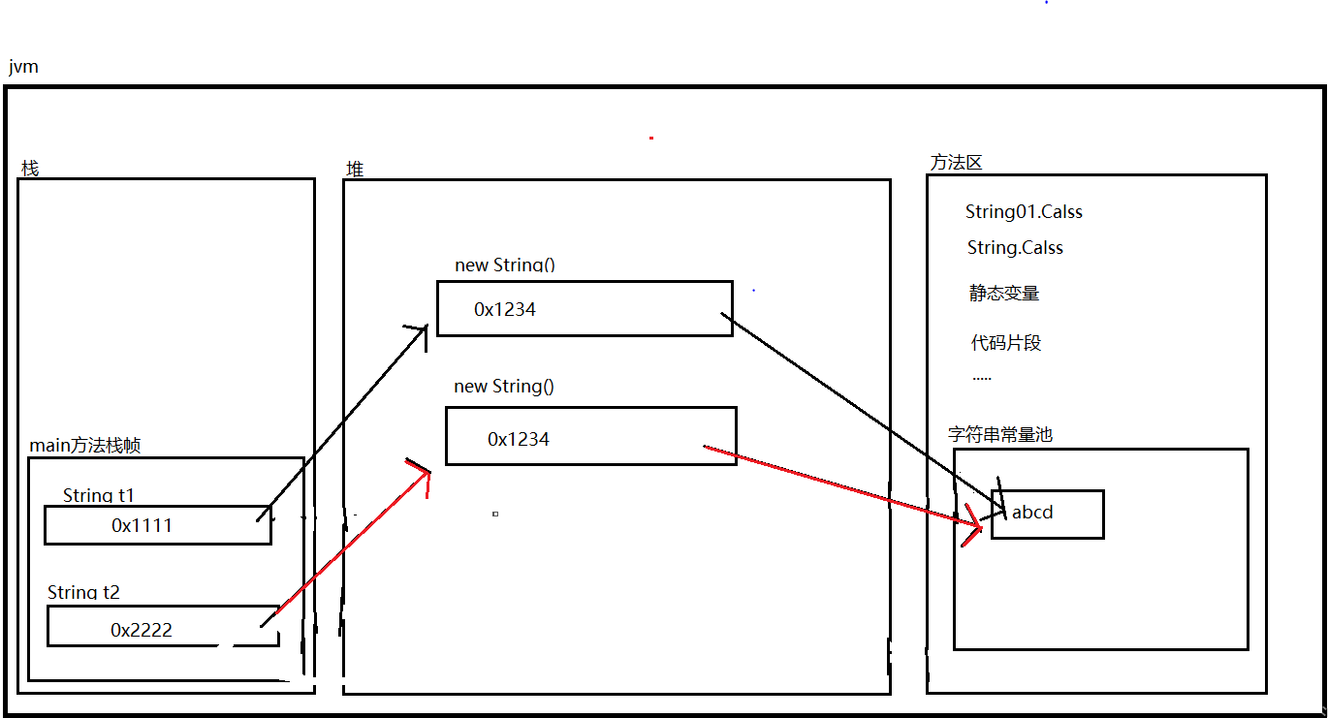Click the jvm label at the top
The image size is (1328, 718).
tap(22, 68)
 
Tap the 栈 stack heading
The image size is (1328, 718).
tap(30, 169)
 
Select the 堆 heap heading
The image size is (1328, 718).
tap(355, 169)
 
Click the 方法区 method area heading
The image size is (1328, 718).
tap(956, 163)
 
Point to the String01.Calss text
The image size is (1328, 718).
tap(1024, 212)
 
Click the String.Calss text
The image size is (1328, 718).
tap(1015, 248)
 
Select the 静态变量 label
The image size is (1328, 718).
tap(1004, 294)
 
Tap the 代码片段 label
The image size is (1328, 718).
tap(1006, 343)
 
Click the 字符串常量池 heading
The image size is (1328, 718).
tap(1000, 435)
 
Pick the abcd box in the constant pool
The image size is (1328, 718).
tap(1048, 514)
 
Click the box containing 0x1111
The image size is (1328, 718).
tap(157, 525)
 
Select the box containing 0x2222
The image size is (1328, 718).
tap(163, 627)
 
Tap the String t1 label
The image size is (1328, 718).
tap(99, 495)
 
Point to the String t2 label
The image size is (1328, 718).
tap(84, 592)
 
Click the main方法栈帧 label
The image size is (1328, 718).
tap(85, 446)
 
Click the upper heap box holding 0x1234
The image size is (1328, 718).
tap(585, 308)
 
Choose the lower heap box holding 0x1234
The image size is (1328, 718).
tap(590, 436)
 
